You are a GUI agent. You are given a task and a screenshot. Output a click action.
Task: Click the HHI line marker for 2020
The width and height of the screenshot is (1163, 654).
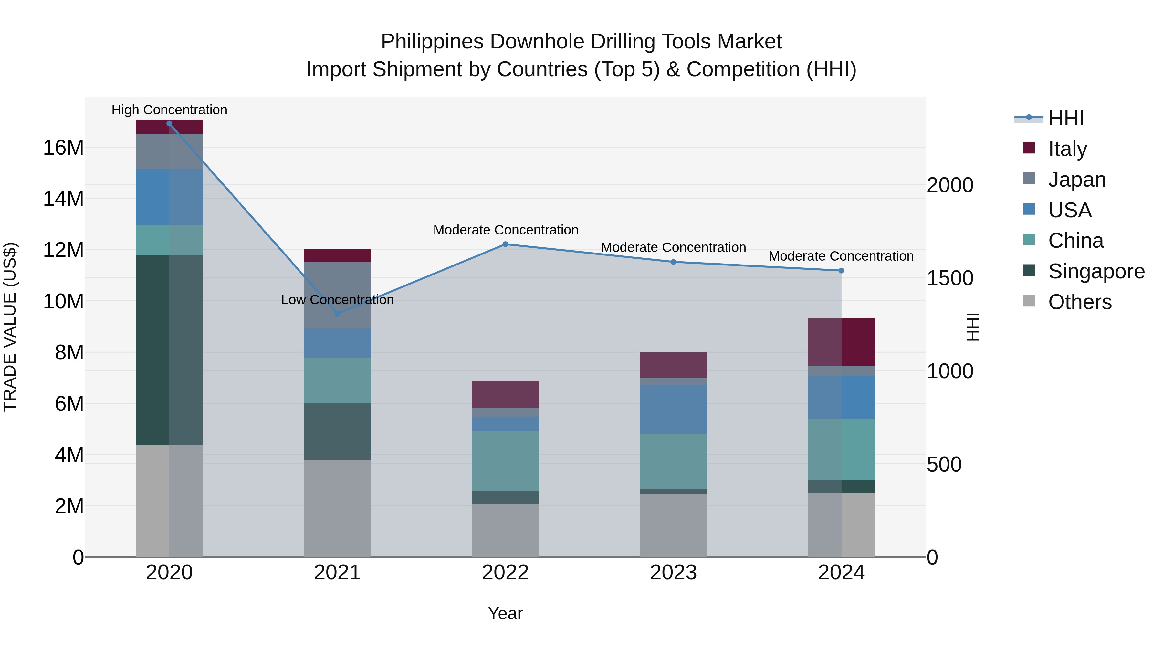(169, 124)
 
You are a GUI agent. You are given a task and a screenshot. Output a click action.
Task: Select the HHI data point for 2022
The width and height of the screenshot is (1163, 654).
(505, 244)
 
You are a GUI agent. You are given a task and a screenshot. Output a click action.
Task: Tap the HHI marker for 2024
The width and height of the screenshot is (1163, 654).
(841, 270)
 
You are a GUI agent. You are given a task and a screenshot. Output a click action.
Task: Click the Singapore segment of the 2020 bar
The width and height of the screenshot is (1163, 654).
(169, 350)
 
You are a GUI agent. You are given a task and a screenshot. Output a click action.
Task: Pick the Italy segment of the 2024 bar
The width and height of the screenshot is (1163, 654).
(841, 342)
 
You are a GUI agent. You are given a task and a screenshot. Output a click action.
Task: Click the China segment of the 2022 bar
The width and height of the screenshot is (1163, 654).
(505, 461)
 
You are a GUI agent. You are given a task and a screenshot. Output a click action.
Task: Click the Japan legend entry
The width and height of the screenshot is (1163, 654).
(1076, 179)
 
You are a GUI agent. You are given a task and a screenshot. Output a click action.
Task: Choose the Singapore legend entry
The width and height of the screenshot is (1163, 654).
(1096, 271)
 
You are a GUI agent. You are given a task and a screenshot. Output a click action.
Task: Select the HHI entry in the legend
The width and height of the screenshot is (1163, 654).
(1065, 118)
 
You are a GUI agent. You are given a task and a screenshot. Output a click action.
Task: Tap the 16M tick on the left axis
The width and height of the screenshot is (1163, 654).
(63, 148)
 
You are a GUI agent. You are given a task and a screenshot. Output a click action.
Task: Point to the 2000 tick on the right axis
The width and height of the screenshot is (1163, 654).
(950, 185)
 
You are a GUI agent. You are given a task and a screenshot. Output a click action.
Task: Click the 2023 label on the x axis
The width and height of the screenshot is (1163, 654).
(673, 573)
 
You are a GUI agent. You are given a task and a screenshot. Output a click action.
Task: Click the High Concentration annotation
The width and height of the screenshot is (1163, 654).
(169, 110)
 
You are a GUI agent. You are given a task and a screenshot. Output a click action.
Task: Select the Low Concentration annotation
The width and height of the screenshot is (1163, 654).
(337, 300)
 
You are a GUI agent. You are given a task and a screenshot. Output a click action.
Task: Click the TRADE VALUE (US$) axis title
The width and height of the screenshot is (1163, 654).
(10, 327)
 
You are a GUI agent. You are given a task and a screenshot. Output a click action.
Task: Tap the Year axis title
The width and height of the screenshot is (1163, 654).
(505, 613)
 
